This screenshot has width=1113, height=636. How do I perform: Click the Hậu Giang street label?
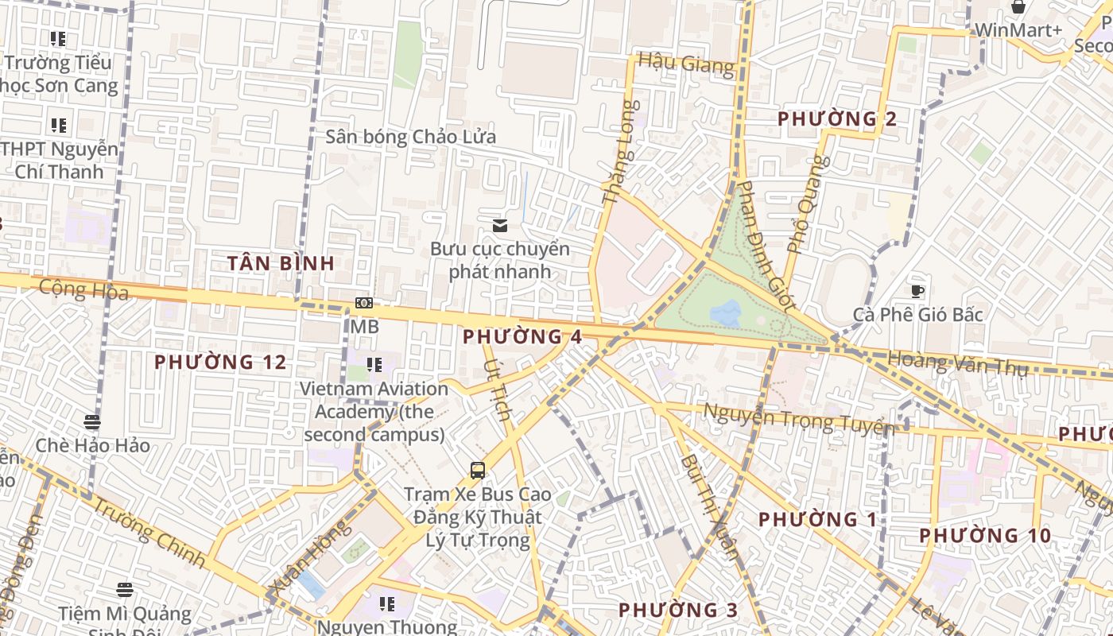tap(686, 63)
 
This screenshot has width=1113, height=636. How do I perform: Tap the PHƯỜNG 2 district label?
tap(836, 119)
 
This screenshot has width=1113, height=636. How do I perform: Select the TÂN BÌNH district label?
tap(281, 263)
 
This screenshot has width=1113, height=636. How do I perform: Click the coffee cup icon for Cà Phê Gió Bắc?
tap(917, 291)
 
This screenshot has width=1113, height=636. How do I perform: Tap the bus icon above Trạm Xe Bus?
tap(477, 470)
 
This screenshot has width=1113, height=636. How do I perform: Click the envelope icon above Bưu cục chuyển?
tap(499, 226)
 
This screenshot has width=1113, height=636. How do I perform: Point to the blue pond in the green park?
tap(725, 312)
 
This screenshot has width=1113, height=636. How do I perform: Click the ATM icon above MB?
tap(364, 303)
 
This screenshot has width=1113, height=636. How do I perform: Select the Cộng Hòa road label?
tap(83, 289)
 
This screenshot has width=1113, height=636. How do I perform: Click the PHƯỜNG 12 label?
tap(219, 363)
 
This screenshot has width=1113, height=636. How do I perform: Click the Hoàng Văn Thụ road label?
tap(957, 363)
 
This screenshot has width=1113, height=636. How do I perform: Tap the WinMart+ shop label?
tap(1018, 30)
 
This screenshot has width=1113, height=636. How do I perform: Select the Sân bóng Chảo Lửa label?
tap(410, 137)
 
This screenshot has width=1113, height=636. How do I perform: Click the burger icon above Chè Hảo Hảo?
tap(92, 421)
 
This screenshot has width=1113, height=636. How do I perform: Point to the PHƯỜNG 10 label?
tap(985, 536)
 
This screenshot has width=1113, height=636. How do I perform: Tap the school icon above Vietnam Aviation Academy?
tap(374, 365)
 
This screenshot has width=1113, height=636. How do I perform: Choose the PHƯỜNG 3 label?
tap(677, 610)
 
